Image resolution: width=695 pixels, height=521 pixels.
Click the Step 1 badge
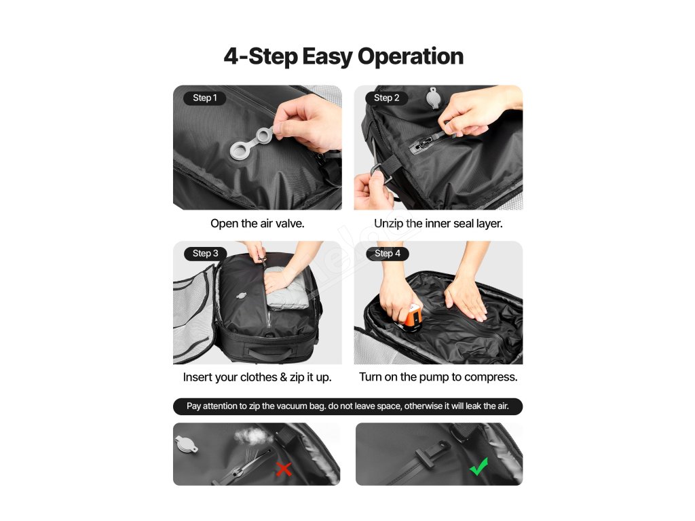point(205,98)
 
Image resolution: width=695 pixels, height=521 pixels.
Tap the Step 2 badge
point(386,98)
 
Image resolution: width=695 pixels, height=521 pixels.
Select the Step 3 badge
point(205,254)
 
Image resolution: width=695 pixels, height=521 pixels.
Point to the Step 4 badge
point(388,254)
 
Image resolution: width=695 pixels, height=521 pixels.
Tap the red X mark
point(284,469)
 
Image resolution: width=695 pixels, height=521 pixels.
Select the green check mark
point(479,467)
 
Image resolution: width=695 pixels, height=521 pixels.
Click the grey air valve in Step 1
point(251,142)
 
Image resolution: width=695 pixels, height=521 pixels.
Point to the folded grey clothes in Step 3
point(287,288)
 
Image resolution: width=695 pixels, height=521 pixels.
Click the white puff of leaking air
point(254,436)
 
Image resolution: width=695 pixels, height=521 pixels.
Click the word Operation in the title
point(411,57)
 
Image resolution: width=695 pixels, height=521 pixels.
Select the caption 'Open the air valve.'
point(257,224)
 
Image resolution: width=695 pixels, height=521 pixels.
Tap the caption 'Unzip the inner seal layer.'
point(438,224)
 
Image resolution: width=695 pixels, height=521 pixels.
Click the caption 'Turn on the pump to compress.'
point(438,377)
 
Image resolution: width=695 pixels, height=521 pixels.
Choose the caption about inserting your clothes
point(257,377)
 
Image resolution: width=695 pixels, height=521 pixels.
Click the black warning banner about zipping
point(348,406)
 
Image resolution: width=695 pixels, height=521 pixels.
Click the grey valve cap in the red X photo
point(186,444)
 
